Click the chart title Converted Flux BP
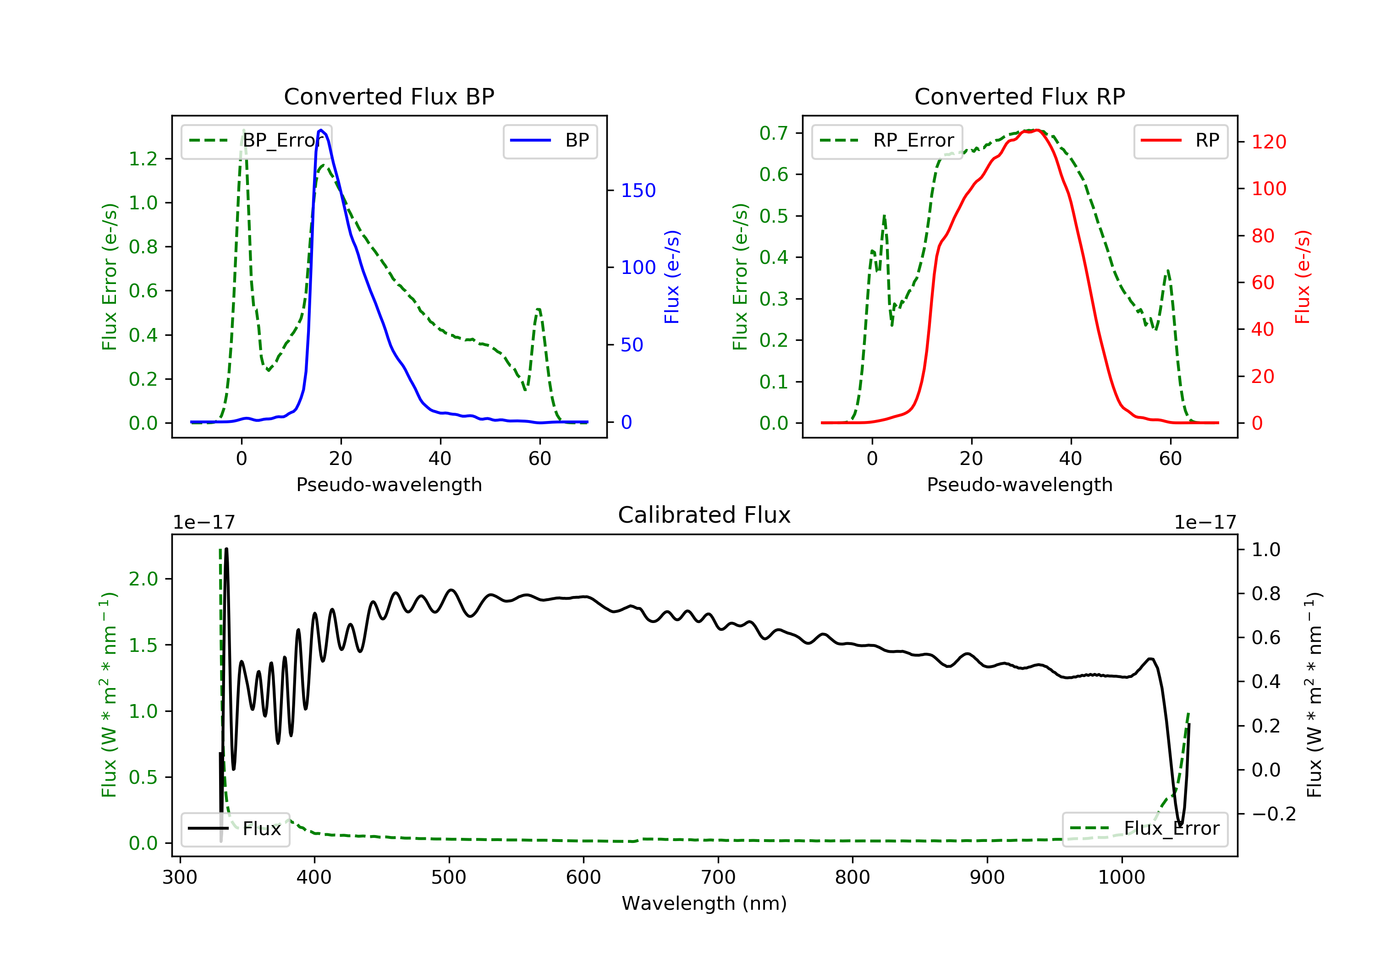(x=389, y=96)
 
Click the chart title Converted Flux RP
(x=1019, y=96)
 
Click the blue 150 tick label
(x=638, y=191)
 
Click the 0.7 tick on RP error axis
(x=774, y=133)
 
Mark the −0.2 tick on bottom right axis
(x=1273, y=814)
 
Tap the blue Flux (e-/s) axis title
(x=672, y=277)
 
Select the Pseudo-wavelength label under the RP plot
(x=1019, y=484)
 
